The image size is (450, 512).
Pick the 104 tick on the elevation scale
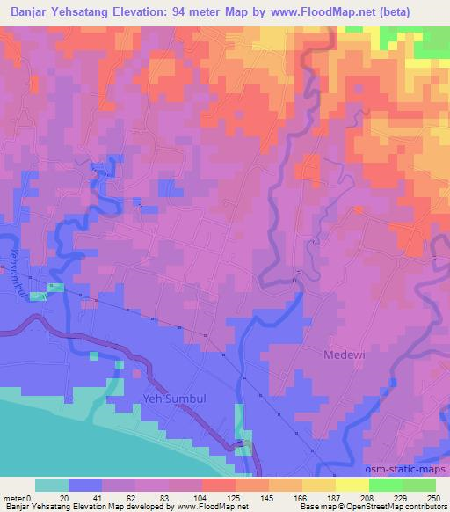(202, 498)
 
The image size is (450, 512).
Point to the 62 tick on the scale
(130, 498)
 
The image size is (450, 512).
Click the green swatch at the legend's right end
(418, 485)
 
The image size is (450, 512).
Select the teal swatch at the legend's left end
(52, 485)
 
